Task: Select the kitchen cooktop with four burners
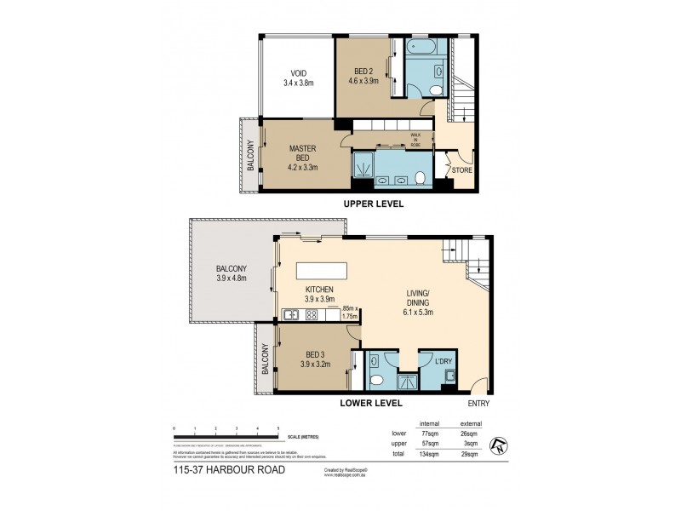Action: point(312,316)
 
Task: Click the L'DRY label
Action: point(444,361)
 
